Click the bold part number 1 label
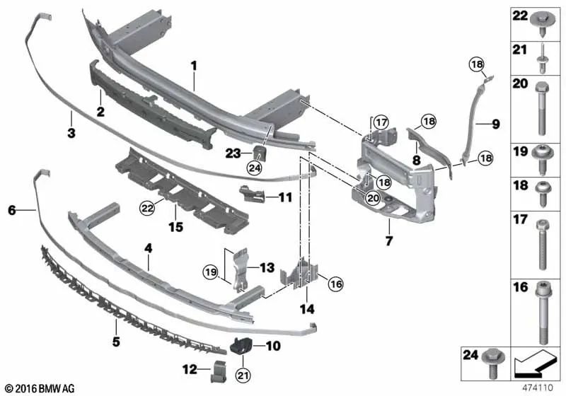194,66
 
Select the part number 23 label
233,153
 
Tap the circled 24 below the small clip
255,168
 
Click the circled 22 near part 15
148,208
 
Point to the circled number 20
373,197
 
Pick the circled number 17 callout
381,122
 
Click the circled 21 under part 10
243,375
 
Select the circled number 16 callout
336,284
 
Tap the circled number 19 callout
211,272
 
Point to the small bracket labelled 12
218,371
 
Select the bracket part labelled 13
241,269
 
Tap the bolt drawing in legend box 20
542,108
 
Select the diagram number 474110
538,388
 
